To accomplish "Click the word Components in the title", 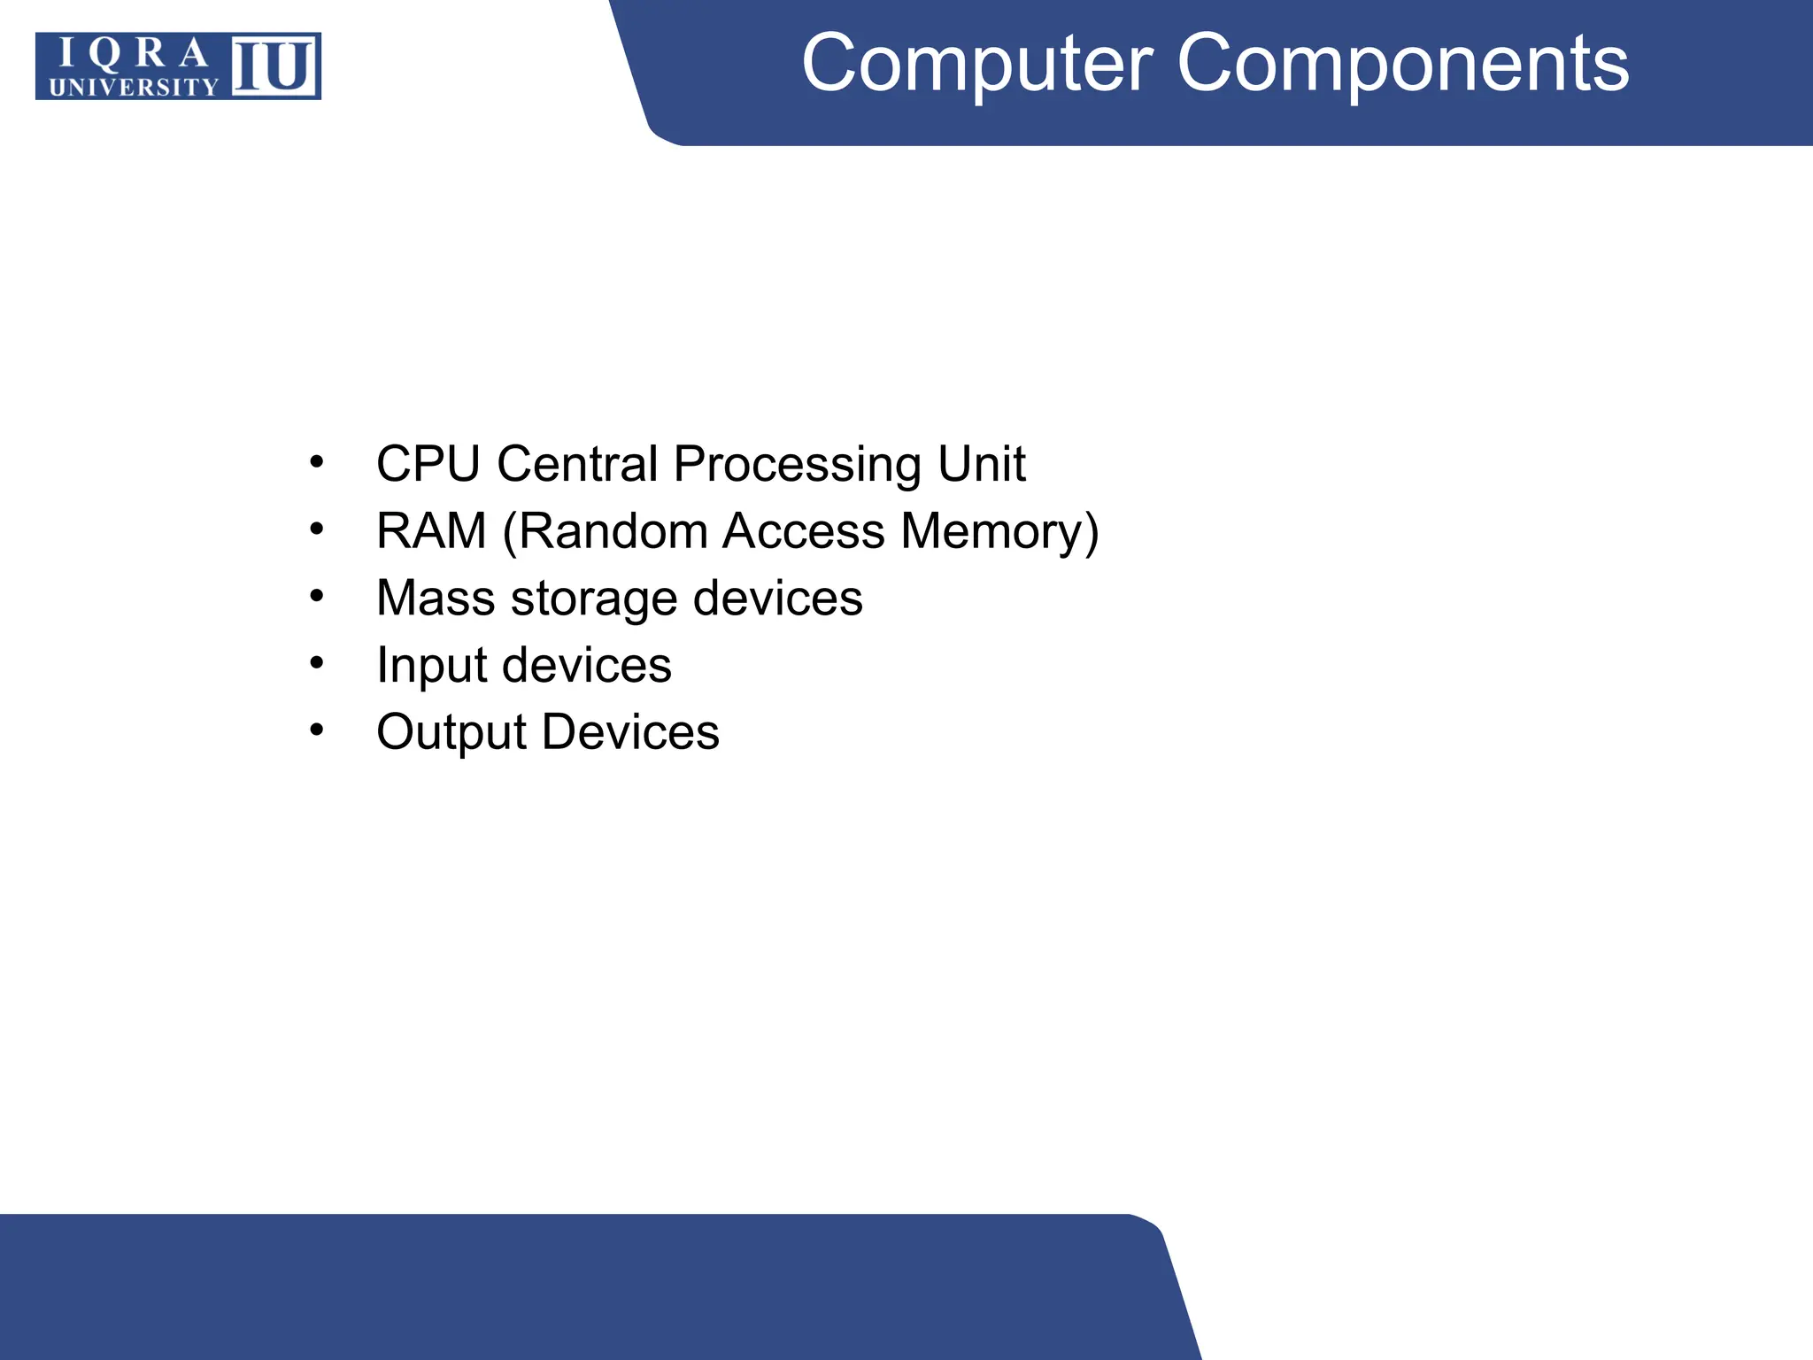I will [x=1402, y=64].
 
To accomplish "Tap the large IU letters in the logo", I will [x=274, y=66].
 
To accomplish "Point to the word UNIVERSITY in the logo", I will [x=133, y=87].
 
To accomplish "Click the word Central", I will [x=577, y=464].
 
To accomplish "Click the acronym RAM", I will [x=431, y=531].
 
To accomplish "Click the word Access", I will [x=803, y=531].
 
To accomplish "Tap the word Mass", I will [x=436, y=599].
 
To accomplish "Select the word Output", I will [x=451, y=733].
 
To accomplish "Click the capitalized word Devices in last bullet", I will [x=630, y=732].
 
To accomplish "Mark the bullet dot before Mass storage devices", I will [x=317, y=597].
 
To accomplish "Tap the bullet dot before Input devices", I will [x=317, y=663].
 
